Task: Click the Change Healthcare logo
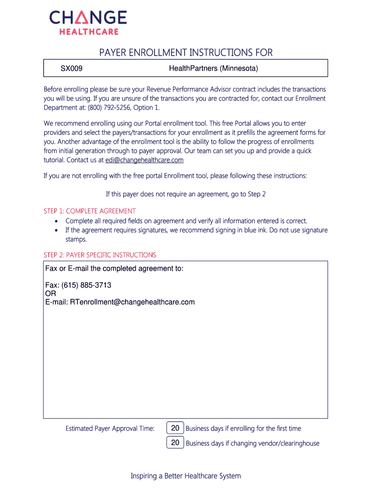88,23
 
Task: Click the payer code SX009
71,69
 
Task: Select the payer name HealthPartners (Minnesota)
214,69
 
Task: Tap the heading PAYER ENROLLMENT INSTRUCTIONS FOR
186,52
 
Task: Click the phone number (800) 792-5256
102,107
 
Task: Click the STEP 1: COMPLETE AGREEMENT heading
89,211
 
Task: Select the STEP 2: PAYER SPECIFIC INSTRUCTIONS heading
100,255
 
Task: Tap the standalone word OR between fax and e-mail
50,293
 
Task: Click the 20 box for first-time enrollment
175,428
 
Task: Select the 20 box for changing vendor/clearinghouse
175,442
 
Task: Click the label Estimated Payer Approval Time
110,428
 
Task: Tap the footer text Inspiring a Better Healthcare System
186,476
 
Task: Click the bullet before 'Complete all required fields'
57,221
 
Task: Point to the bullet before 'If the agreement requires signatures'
57,230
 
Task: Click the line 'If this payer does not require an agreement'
186,194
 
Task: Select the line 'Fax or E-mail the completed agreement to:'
114,268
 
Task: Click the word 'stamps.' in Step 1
76,239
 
